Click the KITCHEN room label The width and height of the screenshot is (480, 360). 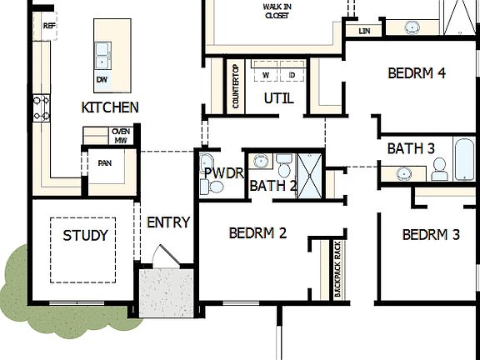pyautogui.click(x=110, y=107)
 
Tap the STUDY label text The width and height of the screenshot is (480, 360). pyautogui.click(x=85, y=236)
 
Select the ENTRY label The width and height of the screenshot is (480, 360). pyautogui.click(x=168, y=222)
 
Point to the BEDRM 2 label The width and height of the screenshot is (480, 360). pyautogui.click(x=257, y=233)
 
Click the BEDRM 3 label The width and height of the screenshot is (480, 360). pyautogui.click(x=431, y=235)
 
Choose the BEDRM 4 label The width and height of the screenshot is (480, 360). pyautogui.click(x=417, y=73)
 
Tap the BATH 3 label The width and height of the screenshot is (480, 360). pyautogui.click(x=411, y=148)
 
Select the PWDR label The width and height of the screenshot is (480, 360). pyautogui.click(x=222, y=172)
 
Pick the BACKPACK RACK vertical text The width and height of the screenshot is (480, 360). pyautogui.click(x=337, y=268)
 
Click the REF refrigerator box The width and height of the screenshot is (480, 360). pyautogui.click(x=49, y=27)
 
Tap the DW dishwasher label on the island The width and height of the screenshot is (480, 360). pyautogui.click(x=102, y=80)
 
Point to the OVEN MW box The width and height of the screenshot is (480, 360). pyautogui.click(x=120, y=135)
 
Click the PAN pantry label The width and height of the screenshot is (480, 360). pyautogui.click(x=105, y=163)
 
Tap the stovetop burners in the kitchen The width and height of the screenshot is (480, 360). pyautogui.click(x=42, y=108)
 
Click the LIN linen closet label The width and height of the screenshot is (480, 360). pyautogui.click(x=363, y=31)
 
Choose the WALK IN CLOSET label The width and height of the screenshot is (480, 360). pyautogui.click(x=277, y=10)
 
